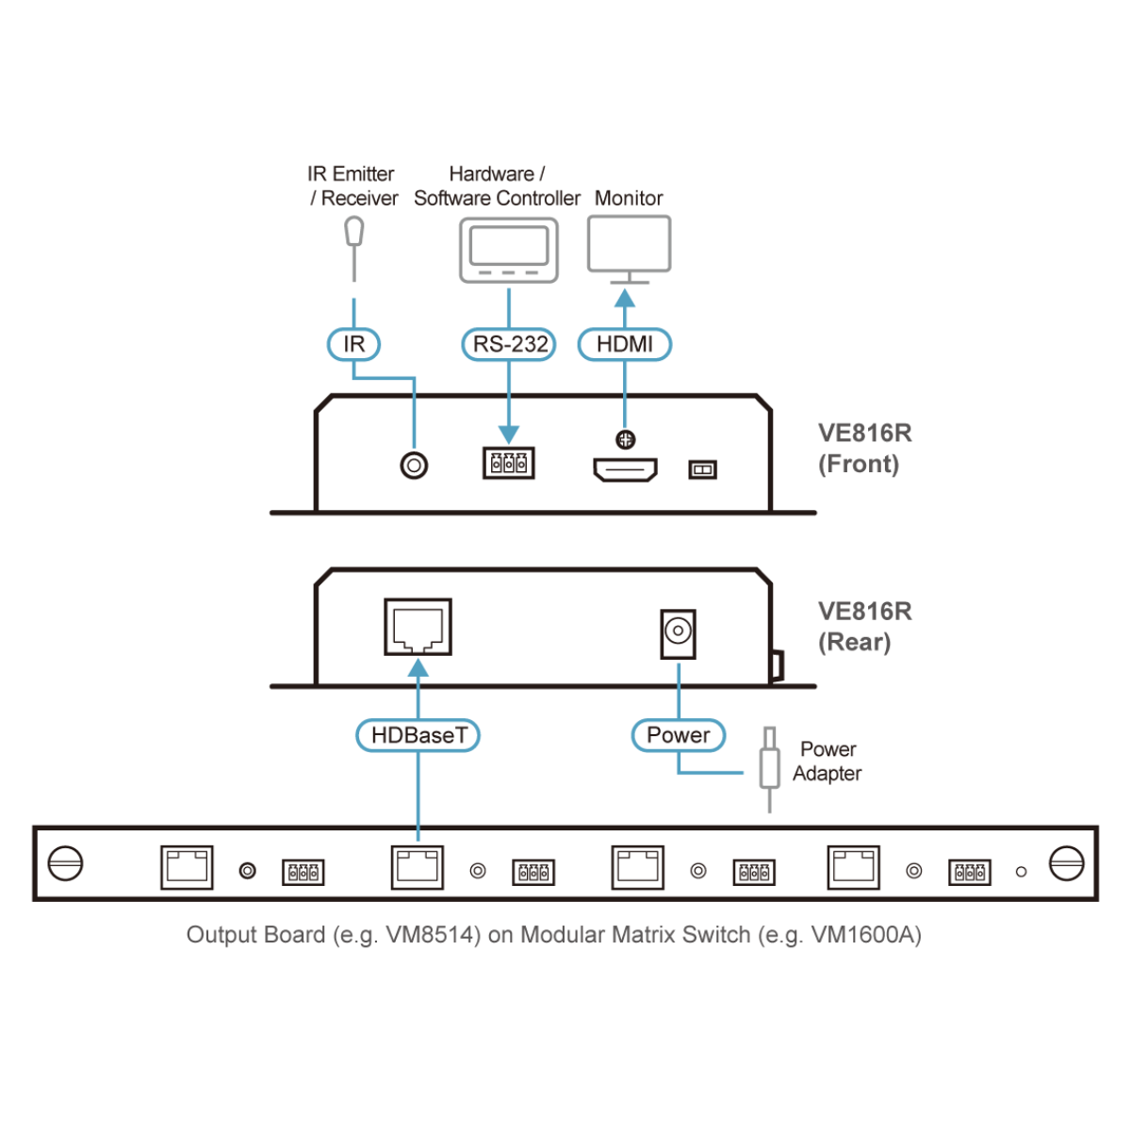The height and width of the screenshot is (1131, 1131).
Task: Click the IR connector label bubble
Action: coord(353,344)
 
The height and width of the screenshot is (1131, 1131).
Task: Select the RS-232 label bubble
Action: coord(509,344)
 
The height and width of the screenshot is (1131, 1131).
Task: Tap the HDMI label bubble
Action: coord(624,344)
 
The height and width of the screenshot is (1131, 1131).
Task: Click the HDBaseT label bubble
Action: coord(418,735)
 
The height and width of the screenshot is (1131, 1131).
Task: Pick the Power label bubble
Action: coord(679,735)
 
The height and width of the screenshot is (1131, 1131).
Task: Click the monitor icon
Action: coord(629,247)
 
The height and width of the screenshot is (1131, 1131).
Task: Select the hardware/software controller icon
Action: coord(509,251)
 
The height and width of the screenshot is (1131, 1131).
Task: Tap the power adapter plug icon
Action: coord(770,767)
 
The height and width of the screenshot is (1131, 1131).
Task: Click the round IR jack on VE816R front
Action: coord(414,465)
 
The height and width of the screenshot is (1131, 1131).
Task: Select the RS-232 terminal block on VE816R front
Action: coord(509,463)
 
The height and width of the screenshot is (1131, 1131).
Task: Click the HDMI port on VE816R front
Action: coord(625,468)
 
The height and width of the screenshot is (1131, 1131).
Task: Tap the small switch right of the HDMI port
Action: coord(703,469)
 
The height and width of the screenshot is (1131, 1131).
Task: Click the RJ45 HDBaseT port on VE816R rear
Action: coord(418,627)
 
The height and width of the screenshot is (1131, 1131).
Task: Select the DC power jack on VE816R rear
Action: coord(679,632)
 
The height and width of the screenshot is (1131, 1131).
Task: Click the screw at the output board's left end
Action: coord(65,863)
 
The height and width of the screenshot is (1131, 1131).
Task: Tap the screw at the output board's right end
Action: coord(1067,863)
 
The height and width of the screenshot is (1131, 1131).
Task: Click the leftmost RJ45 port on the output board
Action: coord(187,867)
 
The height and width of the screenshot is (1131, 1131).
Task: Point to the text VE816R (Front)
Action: coord(864,449)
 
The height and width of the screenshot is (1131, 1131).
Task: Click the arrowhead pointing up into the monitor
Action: coord(625,299)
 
